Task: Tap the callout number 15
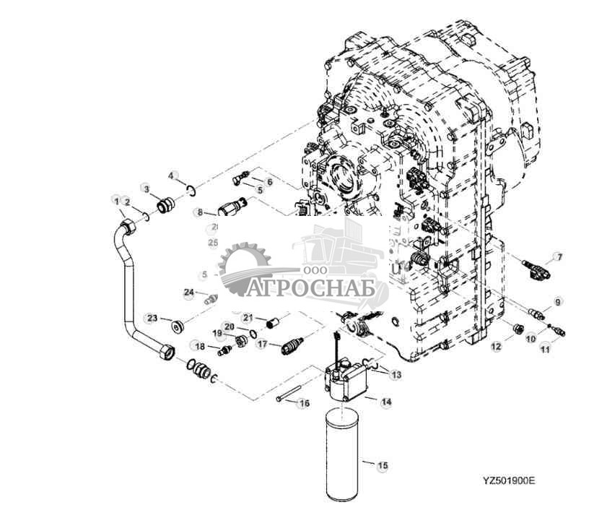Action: [x=383, y=466]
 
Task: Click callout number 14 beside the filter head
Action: [x=386, y=401]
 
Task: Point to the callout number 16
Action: [x=304, y=403]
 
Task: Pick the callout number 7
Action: [x=558, y=257]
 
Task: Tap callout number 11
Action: [x=545, y=349]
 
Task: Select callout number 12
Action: [x=496, y=347]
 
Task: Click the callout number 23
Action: [x=153, y=319]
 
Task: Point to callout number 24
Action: [x=189, y=293]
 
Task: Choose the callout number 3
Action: [x=146, y=189]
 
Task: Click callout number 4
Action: [x=172, y=176]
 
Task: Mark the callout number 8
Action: [x=200, y=212]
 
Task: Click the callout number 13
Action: [x=396, y=375]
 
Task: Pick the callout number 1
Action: [x=115, y=200]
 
